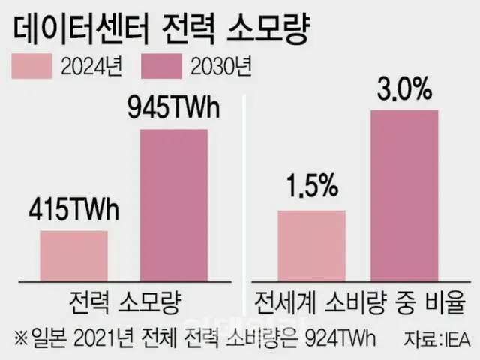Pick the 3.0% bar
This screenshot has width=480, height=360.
(x=404, y=197)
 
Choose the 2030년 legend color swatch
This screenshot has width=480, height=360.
(x=162, y=67)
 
